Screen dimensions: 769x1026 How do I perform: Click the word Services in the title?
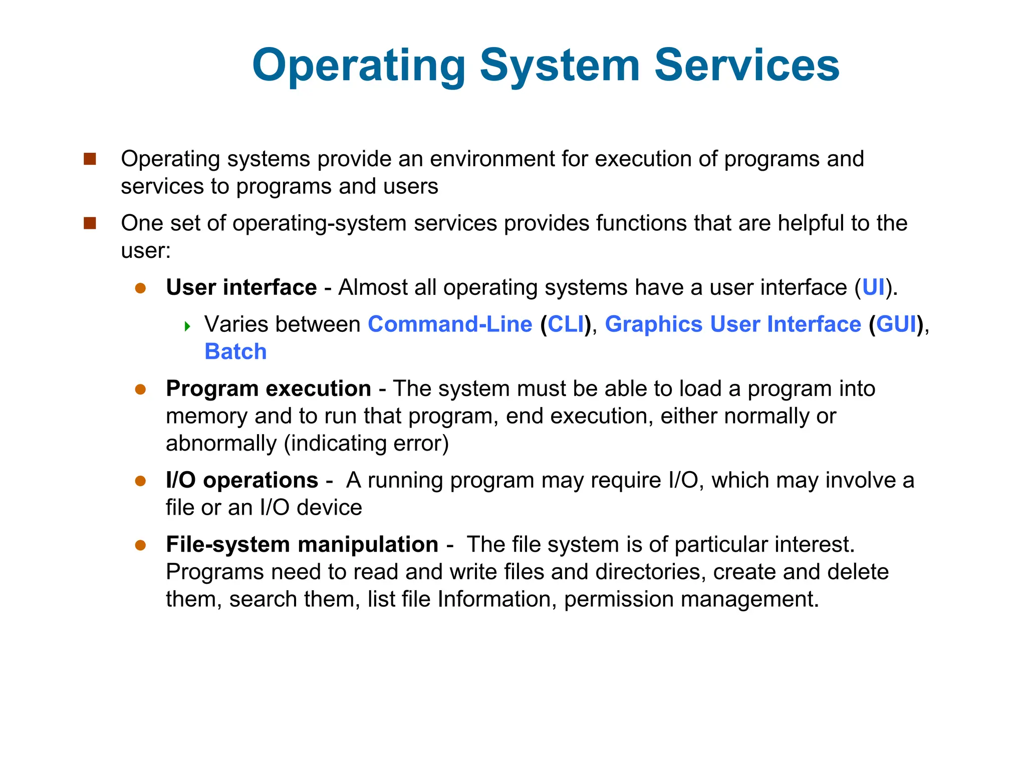tap(746, 65)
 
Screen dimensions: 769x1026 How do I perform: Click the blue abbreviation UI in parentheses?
tap(873, 287)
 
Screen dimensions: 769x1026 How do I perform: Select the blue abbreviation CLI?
tap(566, 324)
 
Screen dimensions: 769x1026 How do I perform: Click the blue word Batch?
tap(235, 351)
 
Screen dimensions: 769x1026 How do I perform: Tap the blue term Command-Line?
tap(450, 324)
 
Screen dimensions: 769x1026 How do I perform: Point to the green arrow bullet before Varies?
tap(187, 327)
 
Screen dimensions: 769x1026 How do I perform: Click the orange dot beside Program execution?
tap(140, 390)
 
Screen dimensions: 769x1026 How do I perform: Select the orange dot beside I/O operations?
tap(140, 481)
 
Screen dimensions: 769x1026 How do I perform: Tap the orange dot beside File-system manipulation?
tap(140, 545)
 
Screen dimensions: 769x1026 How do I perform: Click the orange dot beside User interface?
tap(140, 288)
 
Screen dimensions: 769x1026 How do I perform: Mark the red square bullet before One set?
tap(90, 223)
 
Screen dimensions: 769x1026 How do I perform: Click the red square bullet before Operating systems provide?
tap(90, 159)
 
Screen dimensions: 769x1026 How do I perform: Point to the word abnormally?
tap(221, 444)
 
